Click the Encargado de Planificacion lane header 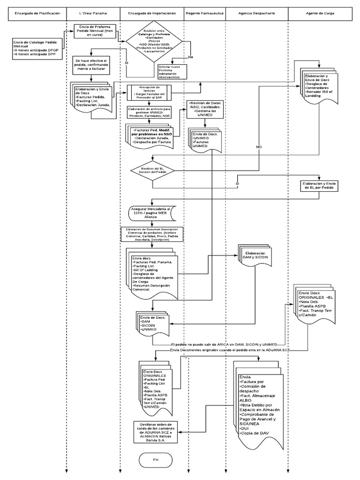37,14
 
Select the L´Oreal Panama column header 93,14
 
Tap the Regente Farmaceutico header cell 204,14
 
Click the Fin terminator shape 156,460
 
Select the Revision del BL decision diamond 152,171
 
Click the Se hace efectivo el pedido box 92,65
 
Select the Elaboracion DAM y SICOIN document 255,255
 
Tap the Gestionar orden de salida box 156,432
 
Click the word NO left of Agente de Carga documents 258,147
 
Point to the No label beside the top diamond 191,57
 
